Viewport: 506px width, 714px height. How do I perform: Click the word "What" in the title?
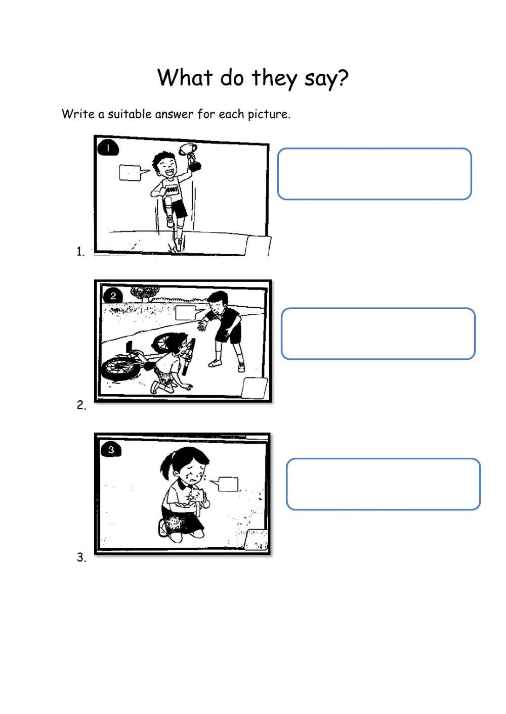coord(185,77)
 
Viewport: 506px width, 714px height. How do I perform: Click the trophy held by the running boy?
coord(191,157)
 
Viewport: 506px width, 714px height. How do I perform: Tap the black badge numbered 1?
coord(108,149)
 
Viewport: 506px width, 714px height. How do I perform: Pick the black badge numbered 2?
coord(113,296)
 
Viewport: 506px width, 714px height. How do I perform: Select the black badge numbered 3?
coord(111,450)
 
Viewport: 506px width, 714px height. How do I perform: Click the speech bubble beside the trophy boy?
coord(132,173)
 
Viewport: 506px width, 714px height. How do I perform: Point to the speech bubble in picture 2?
coord(187,313)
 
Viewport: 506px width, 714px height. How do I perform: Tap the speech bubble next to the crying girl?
coord(226,484)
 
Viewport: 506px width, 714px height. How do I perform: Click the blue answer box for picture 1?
coord(374,174)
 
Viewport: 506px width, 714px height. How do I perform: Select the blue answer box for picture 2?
coord(378,334)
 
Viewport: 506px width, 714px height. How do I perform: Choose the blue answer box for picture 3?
coord(383,484)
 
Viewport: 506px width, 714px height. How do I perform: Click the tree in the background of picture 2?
coord(145,293)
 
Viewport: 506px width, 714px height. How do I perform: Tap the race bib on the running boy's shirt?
coord(173,189)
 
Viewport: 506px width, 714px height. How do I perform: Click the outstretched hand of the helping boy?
coord(202,325)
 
